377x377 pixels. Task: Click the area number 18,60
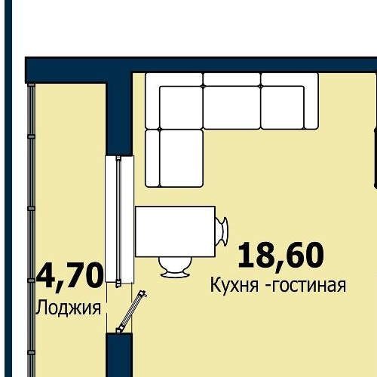pos(280,255)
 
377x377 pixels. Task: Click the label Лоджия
pos(69,308)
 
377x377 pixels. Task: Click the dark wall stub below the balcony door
pos(119,354)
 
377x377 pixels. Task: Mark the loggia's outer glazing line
pos(32,226)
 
